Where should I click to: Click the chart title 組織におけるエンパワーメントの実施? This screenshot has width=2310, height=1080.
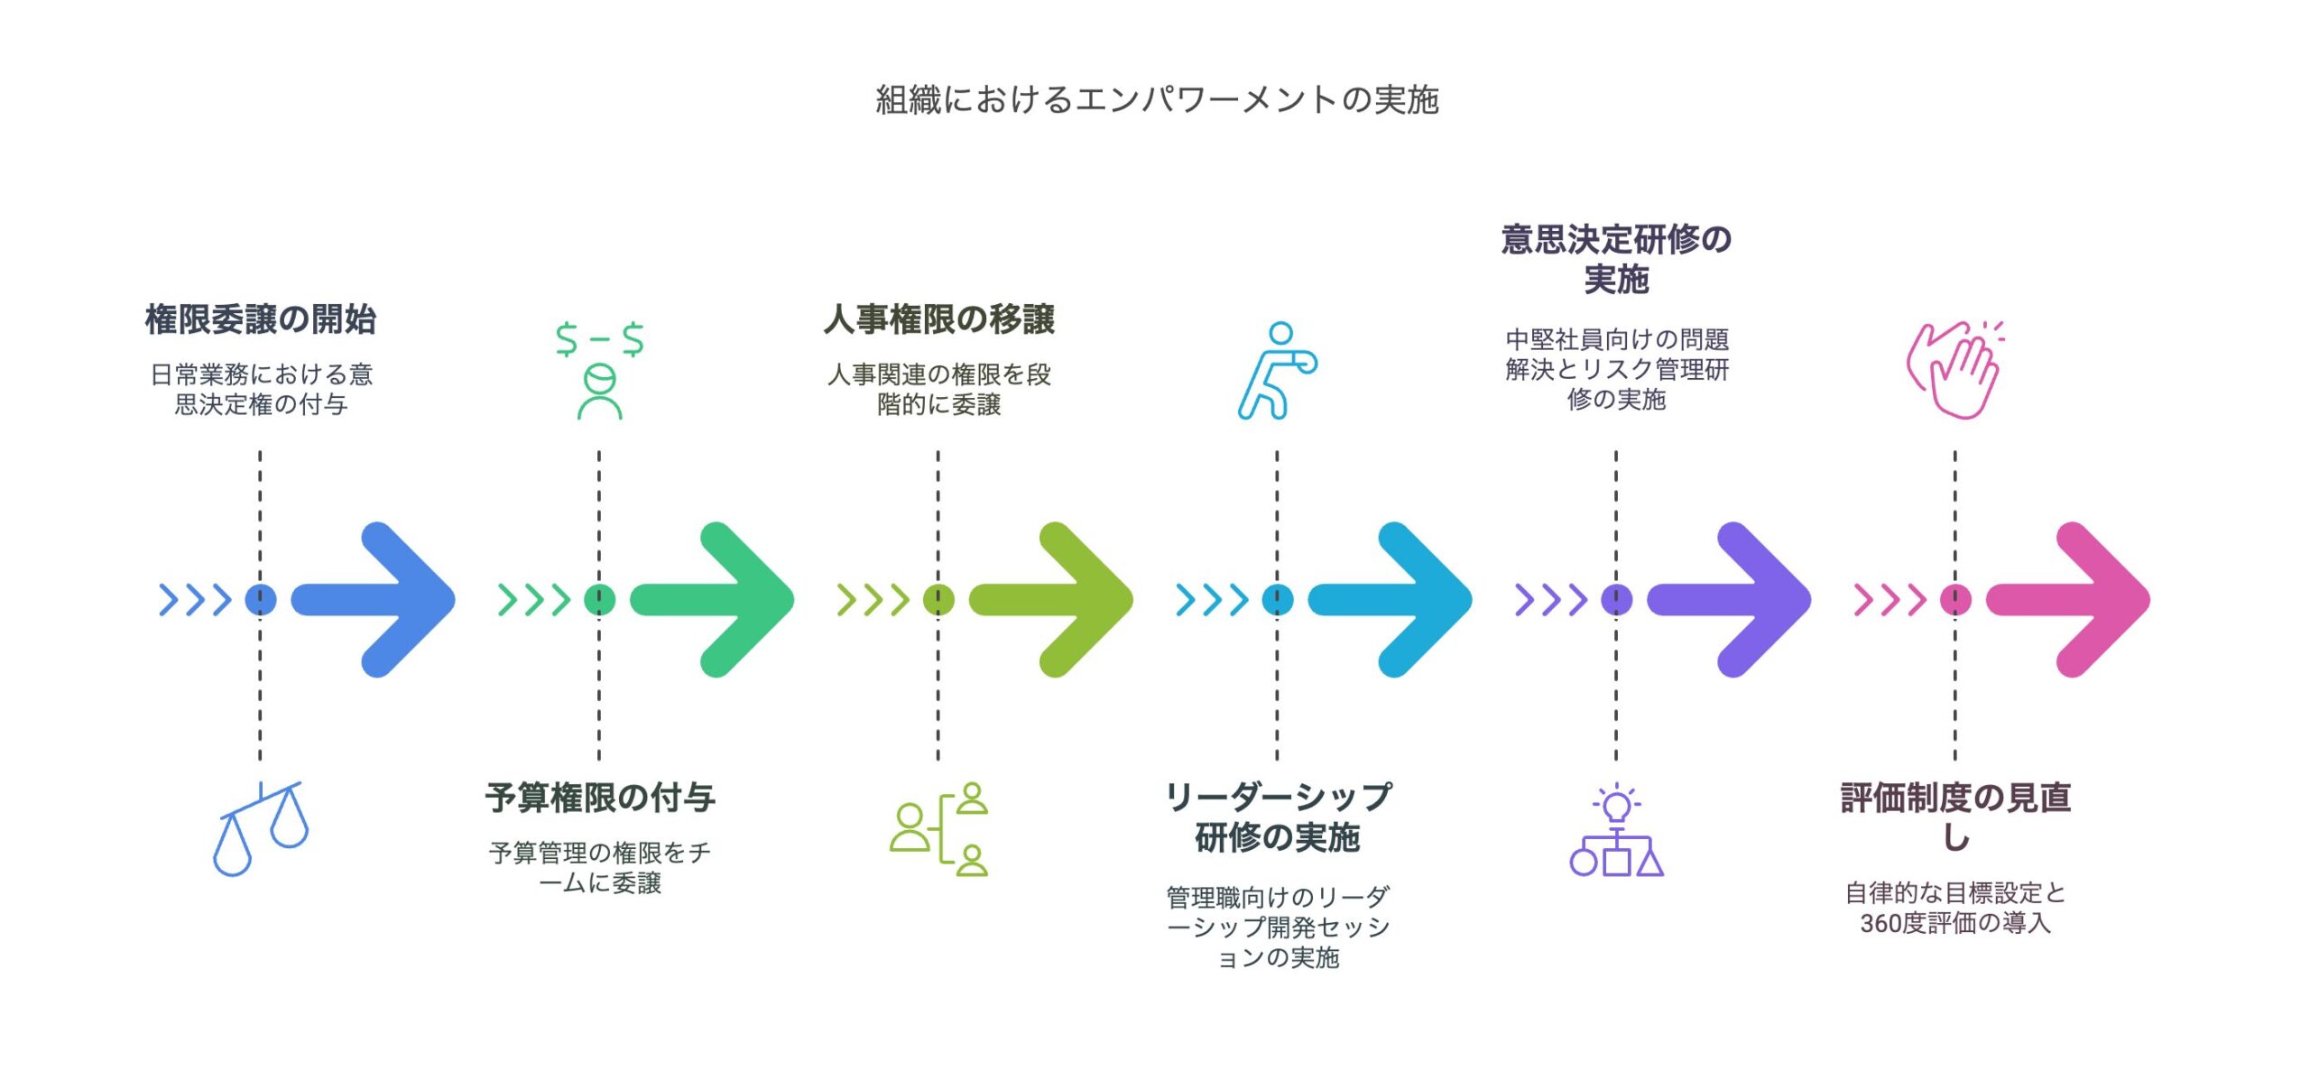coord(1156,99)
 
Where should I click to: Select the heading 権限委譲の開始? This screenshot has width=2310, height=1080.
coord(260,319)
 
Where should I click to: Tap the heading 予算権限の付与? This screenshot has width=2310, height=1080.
coord(600,798)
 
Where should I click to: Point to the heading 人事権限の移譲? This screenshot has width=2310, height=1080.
coord(938,319)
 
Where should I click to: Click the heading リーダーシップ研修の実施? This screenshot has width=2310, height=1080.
coord(1278,817)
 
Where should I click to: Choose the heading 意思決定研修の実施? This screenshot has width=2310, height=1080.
coord(1616,259)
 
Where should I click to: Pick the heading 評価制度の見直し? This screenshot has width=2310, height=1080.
coord(1955,817)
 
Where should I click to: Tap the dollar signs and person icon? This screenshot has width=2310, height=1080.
coord(600,370)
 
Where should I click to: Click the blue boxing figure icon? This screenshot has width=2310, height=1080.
coord(1277,370)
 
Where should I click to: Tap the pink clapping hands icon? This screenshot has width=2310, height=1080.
coord(1955,370)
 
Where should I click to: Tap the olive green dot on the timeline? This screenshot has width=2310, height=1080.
coord(938,599)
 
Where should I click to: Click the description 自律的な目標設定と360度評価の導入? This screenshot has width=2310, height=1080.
coord(1955,908)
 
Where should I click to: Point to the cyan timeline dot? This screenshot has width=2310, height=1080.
coord(1277,599)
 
